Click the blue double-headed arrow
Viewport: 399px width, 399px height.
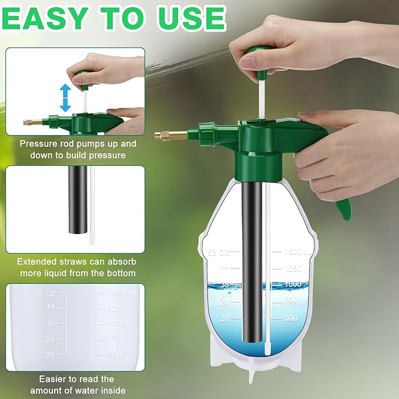point(65,98)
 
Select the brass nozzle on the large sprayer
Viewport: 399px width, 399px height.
point(171,135)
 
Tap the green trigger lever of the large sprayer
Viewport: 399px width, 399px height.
point(343,207)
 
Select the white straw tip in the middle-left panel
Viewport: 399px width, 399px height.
point(92,239)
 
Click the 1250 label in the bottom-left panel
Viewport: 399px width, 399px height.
point(116,308)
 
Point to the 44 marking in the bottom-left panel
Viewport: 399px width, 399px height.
point(51,307)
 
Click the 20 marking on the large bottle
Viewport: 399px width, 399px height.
point(224,318)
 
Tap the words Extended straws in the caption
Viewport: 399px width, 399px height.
point(49,262)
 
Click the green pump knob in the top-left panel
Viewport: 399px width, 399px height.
point(83,76)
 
